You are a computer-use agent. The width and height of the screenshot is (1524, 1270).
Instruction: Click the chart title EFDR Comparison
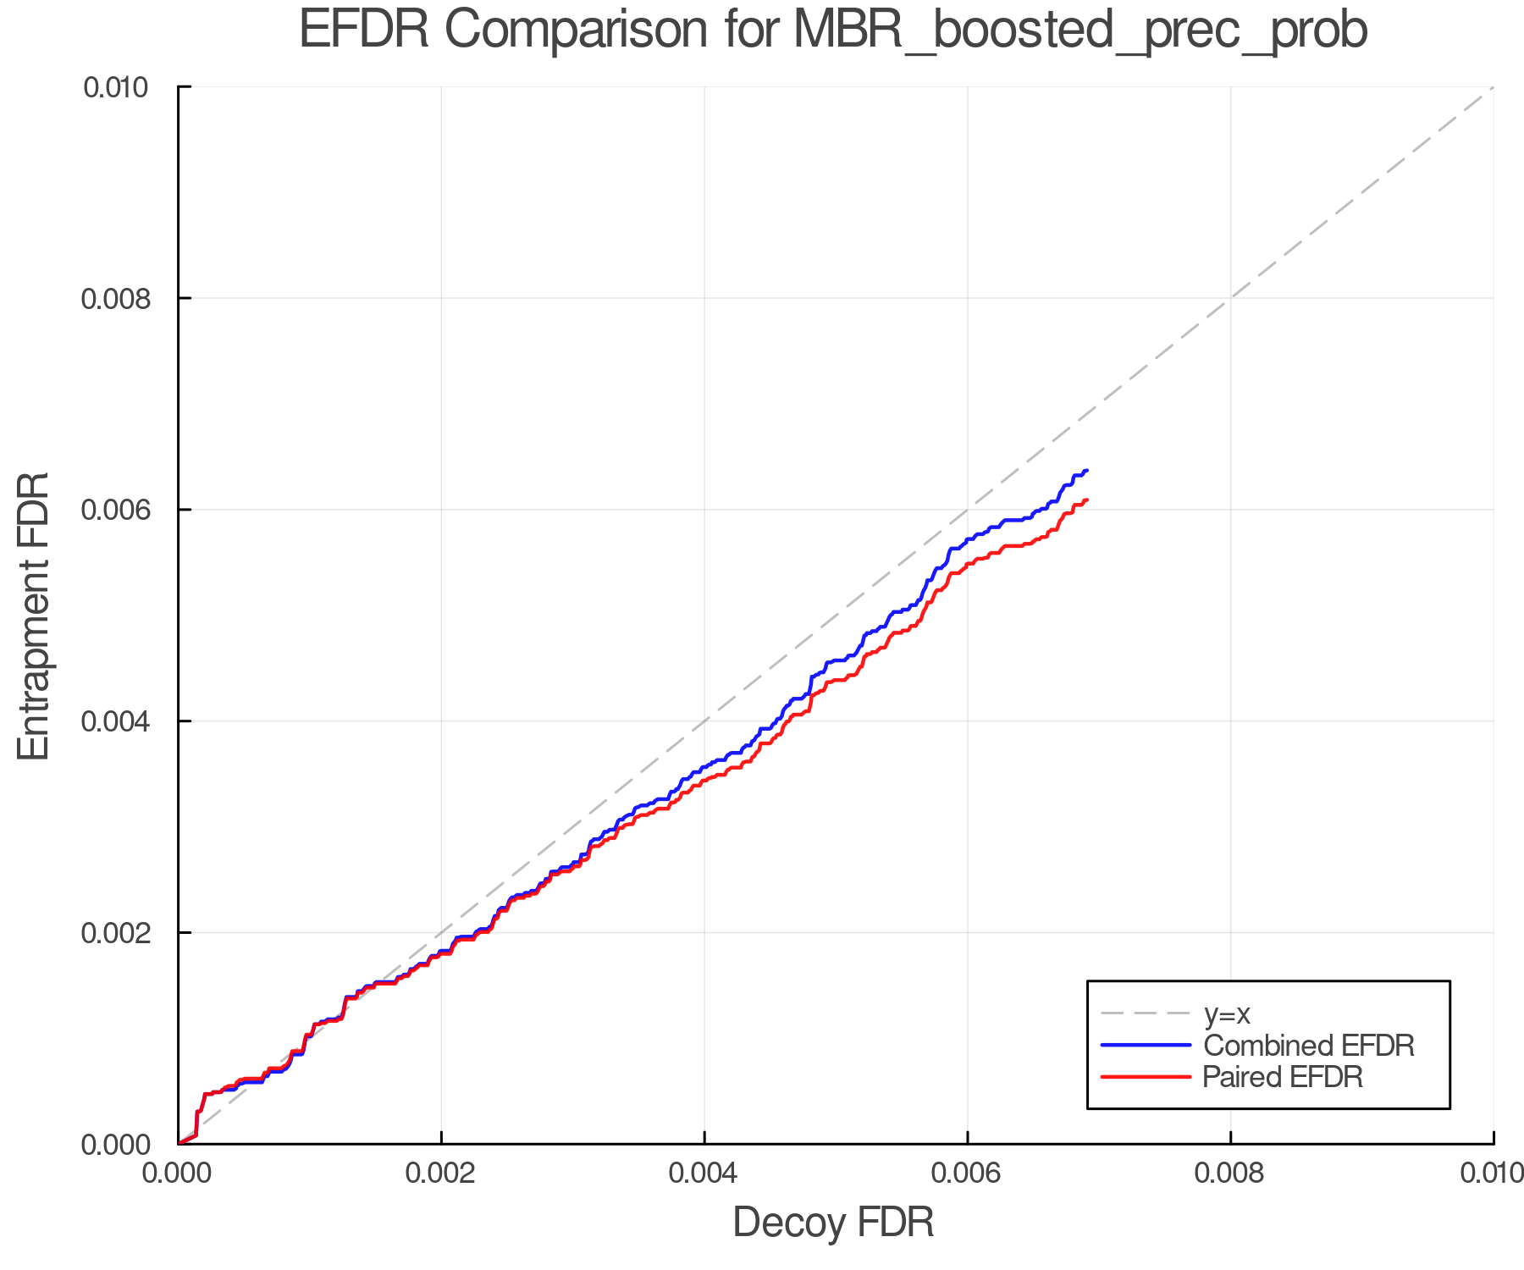tap(833, 30)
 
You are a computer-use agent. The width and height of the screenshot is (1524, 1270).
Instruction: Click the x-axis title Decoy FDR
tap(833, 1223)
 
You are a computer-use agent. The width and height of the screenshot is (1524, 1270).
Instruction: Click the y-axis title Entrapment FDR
tap(34, 616)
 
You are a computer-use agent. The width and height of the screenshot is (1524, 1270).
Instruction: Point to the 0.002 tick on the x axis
tap(440, 1173)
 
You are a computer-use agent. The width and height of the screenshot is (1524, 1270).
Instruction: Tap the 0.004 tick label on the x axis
tap(704, 1173)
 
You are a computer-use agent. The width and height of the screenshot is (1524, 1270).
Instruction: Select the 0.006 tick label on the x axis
tap(967, 1173)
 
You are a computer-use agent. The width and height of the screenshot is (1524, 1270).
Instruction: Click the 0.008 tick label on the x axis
tap(1230, 1173)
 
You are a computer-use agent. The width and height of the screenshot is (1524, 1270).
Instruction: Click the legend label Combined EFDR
tap(1309, 1046)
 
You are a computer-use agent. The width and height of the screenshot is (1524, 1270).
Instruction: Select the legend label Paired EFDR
tap(1283, 1077)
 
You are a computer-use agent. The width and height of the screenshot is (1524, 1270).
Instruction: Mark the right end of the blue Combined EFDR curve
tap(1086, 471)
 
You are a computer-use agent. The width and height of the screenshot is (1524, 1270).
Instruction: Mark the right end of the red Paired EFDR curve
tap(1086, 500)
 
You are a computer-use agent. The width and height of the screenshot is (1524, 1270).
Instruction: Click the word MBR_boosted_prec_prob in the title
tap(1080, 30)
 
